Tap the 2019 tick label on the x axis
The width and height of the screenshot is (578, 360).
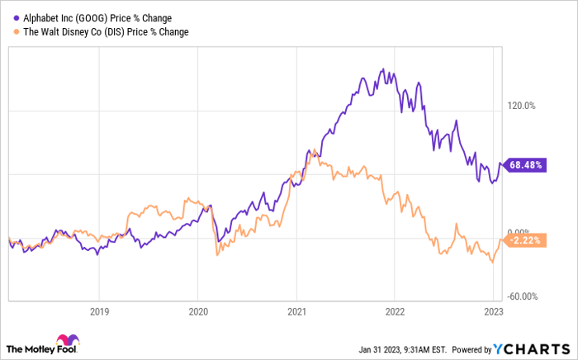tap(98, 312)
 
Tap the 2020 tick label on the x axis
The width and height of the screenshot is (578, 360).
tap(197, 312)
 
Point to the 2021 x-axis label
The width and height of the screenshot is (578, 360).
tap(296, 312)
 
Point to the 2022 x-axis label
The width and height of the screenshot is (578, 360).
tap(395, 312)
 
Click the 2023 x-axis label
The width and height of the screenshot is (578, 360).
tap(494, 312)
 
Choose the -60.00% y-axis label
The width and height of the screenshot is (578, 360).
tap(522, 296)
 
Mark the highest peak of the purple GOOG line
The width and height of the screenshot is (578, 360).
tap(381, 69)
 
